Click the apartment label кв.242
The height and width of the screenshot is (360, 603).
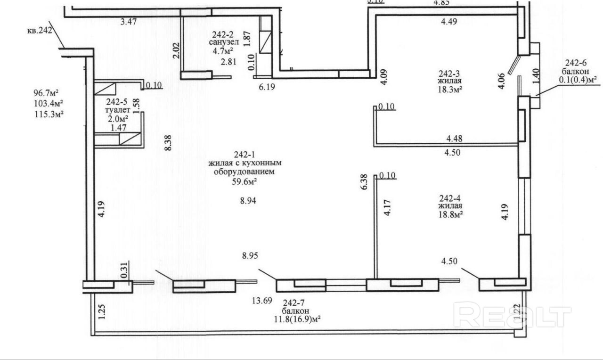[40, 31]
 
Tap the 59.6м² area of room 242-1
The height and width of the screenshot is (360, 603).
[244, 182]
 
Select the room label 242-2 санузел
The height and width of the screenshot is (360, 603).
[224, 38]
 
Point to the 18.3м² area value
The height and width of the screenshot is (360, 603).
[450, 89]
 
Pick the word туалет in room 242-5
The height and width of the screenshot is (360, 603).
[118, 110]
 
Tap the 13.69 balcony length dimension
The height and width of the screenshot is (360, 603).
[262, 301]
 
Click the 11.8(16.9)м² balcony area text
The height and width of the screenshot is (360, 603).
[297, 319]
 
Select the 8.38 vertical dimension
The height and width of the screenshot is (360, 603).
[168, 143]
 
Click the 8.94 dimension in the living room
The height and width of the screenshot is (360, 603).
[248, 201]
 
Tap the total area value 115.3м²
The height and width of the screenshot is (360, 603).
[49, 114]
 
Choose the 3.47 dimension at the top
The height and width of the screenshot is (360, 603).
[129, 22]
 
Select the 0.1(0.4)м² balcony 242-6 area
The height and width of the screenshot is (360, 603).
[578, 80]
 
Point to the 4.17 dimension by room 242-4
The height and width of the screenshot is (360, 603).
[387, 208]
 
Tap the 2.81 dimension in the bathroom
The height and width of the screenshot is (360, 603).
[228, 62]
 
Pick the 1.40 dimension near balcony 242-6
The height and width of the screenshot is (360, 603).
[536, 76]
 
